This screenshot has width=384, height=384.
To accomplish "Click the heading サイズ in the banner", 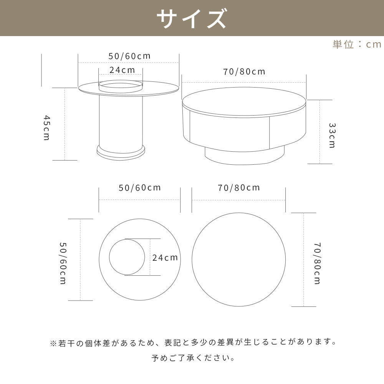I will (192, 18).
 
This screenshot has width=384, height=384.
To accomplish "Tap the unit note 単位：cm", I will (357, 44).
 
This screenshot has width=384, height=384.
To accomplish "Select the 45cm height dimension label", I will (46, 127).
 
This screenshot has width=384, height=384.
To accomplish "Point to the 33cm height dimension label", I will (332, 135).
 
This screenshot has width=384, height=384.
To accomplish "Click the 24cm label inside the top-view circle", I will (165, 257).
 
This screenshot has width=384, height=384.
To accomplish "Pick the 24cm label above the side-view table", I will (122, 70).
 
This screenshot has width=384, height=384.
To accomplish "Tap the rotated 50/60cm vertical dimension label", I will (63, 263).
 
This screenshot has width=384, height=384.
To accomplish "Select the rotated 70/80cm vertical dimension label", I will (317, 263).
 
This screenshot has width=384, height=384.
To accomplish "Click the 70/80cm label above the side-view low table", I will (244, 71).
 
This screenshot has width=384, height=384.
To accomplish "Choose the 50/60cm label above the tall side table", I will (129, 56).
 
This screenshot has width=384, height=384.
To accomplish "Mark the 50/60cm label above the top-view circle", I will (139, 188).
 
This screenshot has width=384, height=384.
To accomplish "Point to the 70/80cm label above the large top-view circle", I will (239, 187).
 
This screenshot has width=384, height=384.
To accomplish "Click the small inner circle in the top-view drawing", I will (127, 257).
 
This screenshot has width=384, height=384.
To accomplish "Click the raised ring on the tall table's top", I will (121, 86).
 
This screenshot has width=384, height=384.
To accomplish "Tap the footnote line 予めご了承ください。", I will (193, 358).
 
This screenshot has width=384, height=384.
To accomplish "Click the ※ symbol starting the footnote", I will (53, 342).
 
